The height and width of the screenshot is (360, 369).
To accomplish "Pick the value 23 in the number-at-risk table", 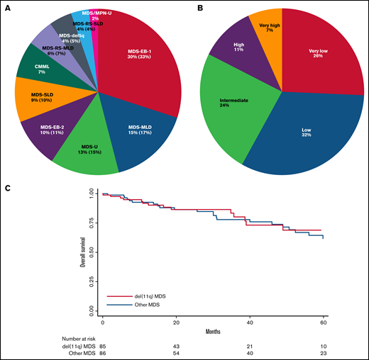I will pyautogui.click(x=323, y=352).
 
